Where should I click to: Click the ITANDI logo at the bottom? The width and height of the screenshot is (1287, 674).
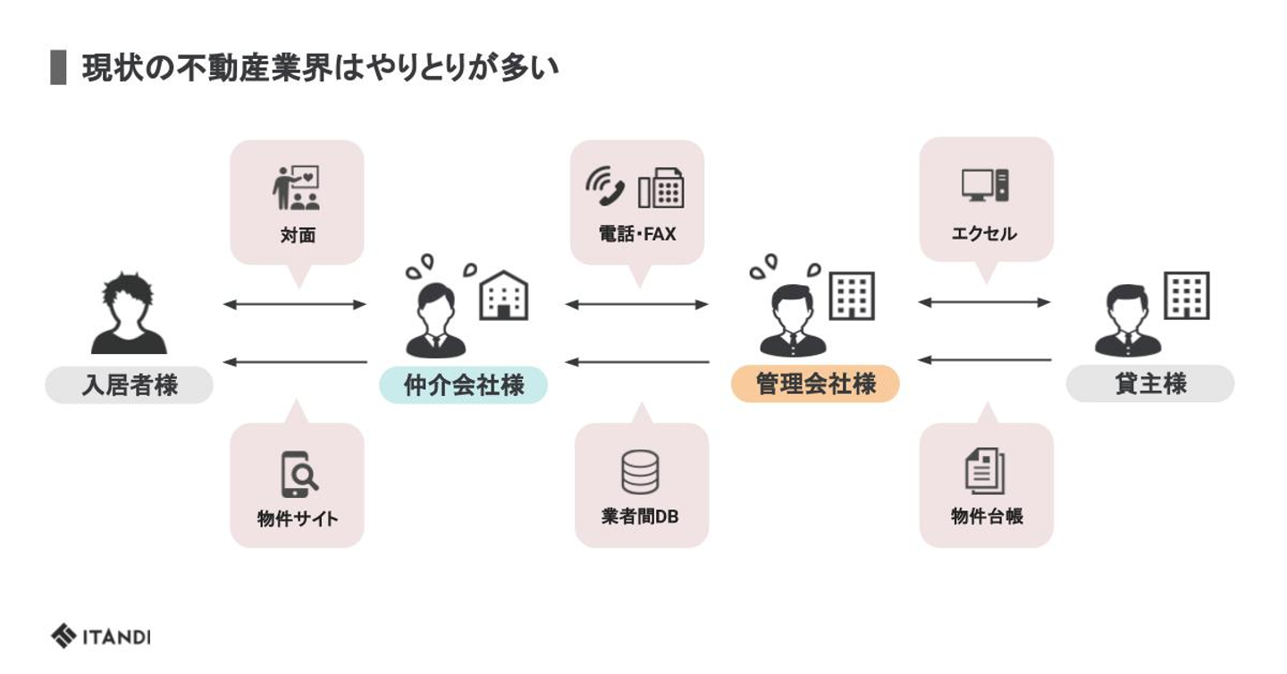100,636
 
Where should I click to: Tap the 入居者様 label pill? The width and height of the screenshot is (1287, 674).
130,385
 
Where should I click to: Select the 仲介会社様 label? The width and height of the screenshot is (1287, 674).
463,385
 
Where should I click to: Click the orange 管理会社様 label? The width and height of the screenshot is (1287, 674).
815,384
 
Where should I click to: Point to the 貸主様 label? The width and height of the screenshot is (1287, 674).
1149,383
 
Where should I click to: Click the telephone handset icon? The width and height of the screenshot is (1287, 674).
605,187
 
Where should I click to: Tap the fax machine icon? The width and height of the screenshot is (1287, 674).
660,188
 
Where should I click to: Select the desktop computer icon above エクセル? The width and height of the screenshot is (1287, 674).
985,185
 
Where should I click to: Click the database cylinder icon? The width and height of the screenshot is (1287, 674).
640,472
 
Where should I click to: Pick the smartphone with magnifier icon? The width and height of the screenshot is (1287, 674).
299,474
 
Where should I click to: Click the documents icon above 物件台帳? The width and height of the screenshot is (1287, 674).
985,471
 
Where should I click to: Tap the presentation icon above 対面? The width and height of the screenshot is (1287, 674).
296,188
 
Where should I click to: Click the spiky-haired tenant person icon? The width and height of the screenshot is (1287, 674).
129,313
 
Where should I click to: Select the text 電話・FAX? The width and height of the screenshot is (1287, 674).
637,234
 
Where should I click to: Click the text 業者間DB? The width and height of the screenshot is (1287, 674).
640,517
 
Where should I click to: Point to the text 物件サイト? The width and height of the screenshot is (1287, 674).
298,518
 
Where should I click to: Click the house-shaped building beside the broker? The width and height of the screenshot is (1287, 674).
504,295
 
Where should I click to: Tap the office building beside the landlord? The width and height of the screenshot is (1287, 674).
1187,295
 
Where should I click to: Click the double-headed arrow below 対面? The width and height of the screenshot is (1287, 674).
295,305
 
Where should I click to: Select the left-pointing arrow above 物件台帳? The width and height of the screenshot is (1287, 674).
985,360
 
